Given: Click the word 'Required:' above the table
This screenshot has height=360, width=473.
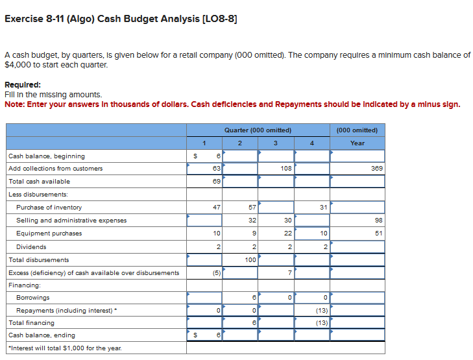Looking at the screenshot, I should pyautogui.click(x=23, y=85).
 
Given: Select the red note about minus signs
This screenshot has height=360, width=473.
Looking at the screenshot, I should pyautogui.click(x=232, y=104).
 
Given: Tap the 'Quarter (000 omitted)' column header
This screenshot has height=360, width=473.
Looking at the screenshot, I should pyautogui.click(x=258, y=130).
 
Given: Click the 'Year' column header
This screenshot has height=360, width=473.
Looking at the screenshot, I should pyautogui.click(x=357, y=143).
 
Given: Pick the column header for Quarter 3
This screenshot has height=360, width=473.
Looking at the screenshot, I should pyautogui.click(x=275, y=143).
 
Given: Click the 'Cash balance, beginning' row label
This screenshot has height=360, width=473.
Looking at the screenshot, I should pyautogui.click(x=46, y=156).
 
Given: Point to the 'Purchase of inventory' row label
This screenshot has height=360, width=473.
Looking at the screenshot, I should pyautogui.click(x=49, y=208).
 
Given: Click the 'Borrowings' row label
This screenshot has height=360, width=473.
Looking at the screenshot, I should pyautogui.click(x=32, y=298).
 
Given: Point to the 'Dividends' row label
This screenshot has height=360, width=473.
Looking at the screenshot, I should pyautogui.click(x=31, y=246).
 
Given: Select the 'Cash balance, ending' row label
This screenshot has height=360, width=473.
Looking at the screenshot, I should pyautogui.click(x=42, y=335).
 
